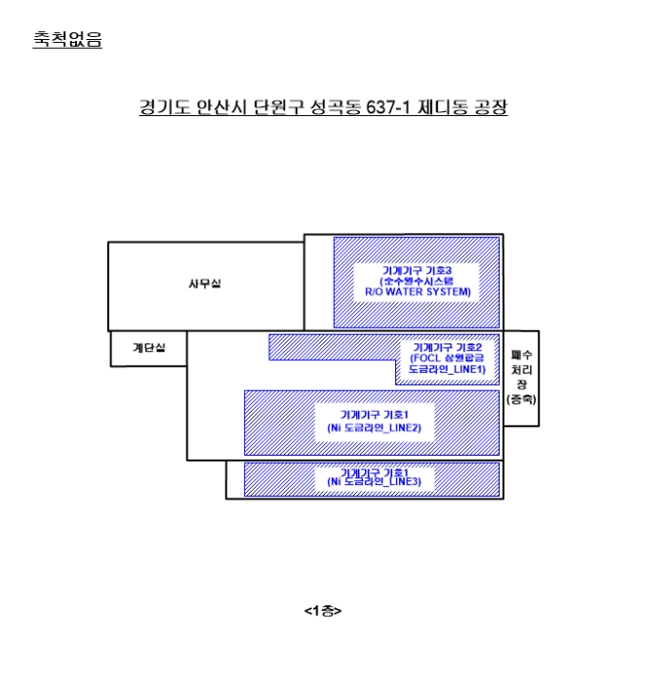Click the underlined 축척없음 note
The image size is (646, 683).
pyautogui.click(x=67, y=40)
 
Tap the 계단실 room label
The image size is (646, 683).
pyautogui.click(x=149, y=347)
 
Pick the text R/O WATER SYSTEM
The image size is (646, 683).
pyautogui.click(x=417, y=291)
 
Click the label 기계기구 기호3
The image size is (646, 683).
pyautogui.click(x=417, y=268)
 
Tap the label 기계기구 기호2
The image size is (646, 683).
pyautogui.click(x=447, y=346)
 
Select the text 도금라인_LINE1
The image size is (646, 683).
pyautogui.click(x=446, y=370)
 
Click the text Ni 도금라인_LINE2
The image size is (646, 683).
pyautogui.click(x=375, y=427)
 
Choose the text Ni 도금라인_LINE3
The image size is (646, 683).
pyautogui.click(x=375, y=482)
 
